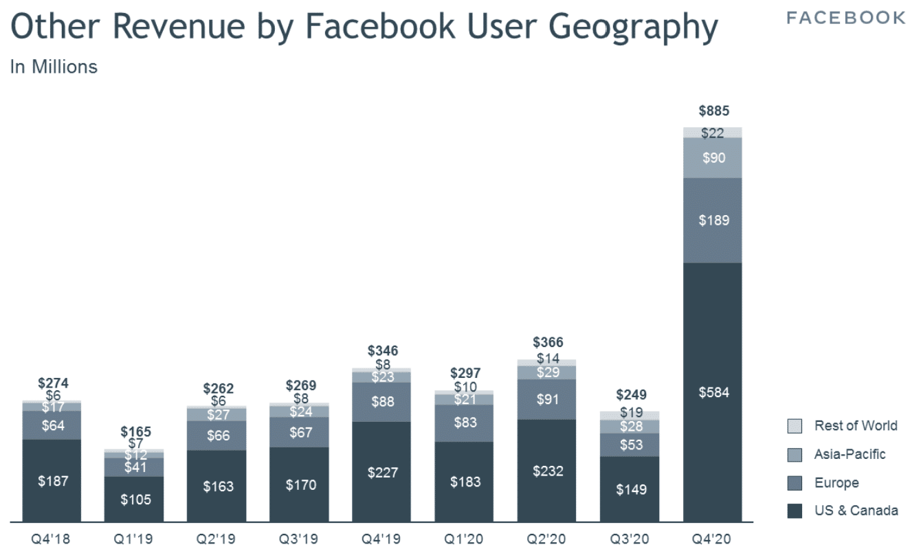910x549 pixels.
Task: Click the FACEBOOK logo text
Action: (845, 18)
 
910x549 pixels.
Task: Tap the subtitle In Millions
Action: (54, 67)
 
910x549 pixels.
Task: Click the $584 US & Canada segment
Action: (713, 392)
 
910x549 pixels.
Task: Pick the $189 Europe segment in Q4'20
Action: (713, 221)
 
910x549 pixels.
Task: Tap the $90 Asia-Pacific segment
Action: (713, 158)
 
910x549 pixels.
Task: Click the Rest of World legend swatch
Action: (795, 426)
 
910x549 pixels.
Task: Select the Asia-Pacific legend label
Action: (850, 454)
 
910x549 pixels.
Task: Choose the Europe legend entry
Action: (836, 483)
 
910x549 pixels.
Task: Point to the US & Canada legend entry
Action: (856, 511)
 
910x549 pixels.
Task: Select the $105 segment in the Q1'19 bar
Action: (135, 499)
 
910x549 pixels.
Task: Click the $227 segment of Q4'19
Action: (382, 472)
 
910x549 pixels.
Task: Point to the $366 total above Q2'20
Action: (548, 342)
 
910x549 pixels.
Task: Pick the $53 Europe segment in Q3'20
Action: (630, 445)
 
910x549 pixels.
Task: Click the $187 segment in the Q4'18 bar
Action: (52, 480)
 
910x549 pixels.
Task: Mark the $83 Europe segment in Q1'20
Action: (465, 423)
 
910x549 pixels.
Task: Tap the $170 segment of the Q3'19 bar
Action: (300, 484)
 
